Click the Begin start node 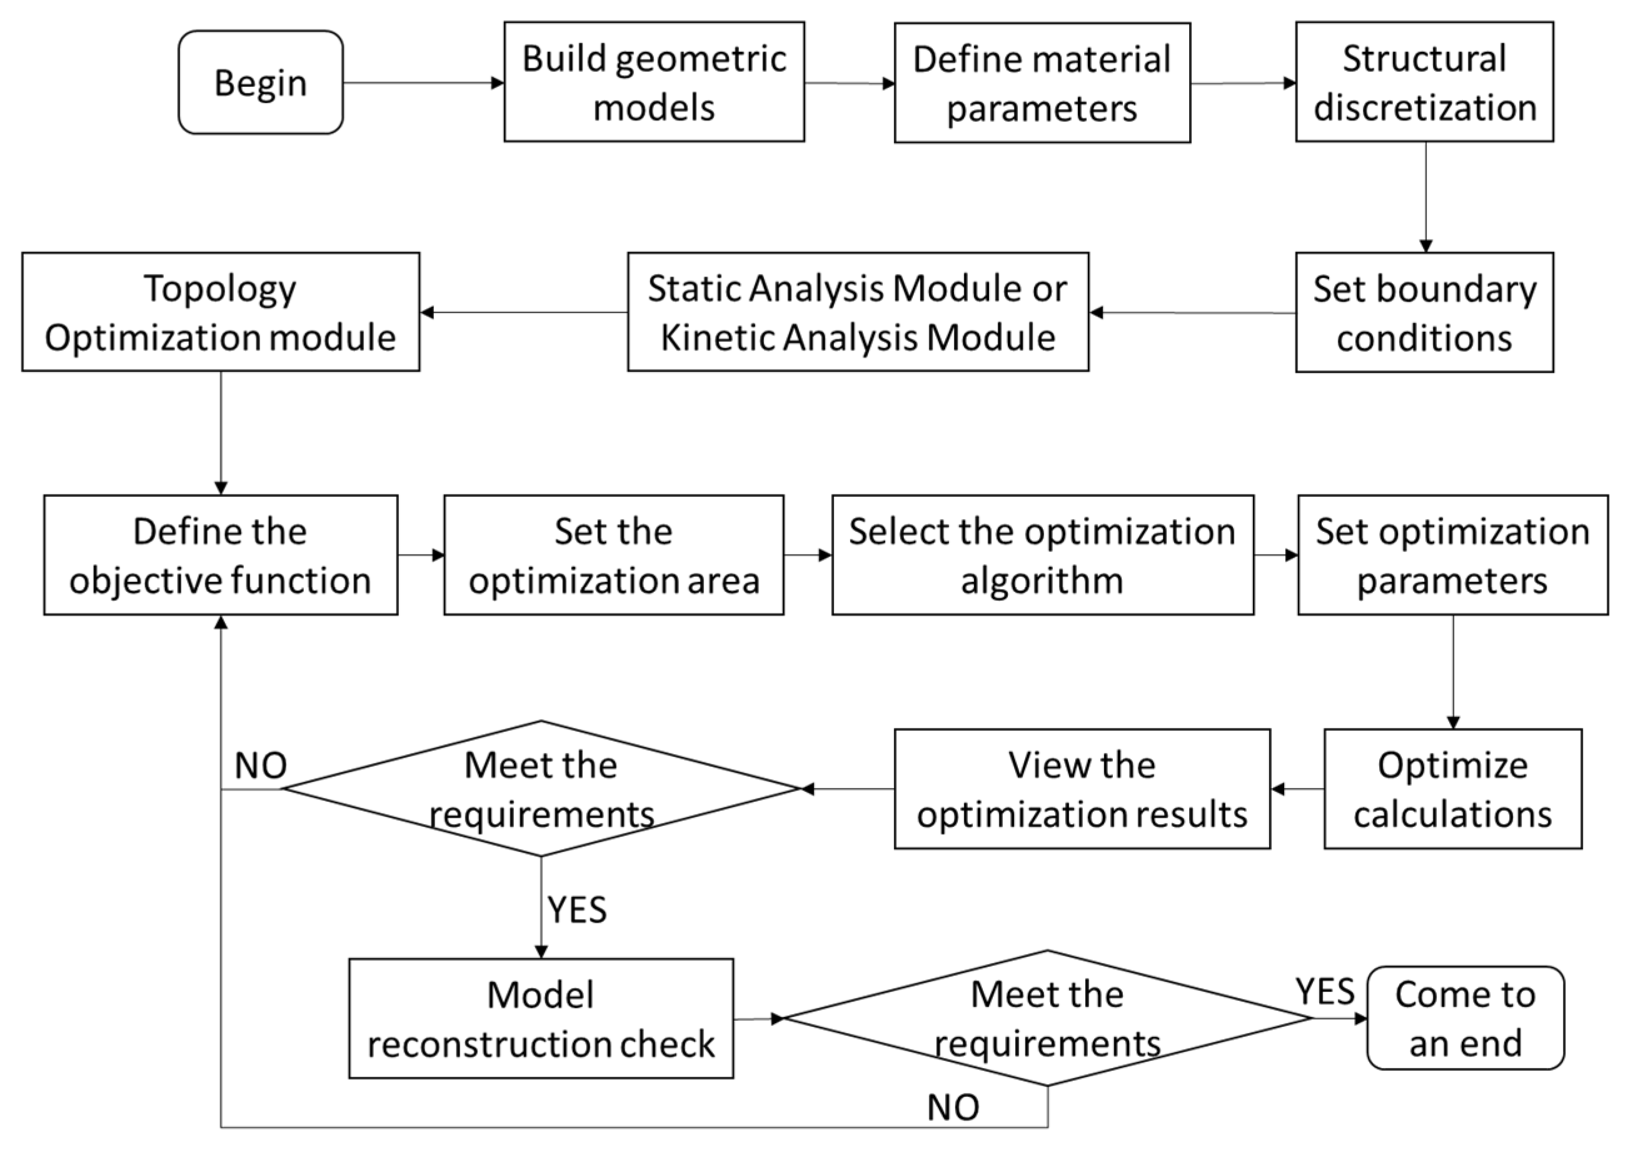261,83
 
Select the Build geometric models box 654,82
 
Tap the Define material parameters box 1042,83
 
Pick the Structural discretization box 1424,82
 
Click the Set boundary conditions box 1424,312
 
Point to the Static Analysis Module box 858,312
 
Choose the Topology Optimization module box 220,312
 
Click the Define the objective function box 220,555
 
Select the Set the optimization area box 613,555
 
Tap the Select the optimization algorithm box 1042,555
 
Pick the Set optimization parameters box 1453,555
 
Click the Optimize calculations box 1453,789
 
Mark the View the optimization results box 1082,789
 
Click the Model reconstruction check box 541,1019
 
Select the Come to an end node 1465,1018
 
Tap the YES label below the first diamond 577,909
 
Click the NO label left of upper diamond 261,766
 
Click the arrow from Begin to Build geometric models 423,83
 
